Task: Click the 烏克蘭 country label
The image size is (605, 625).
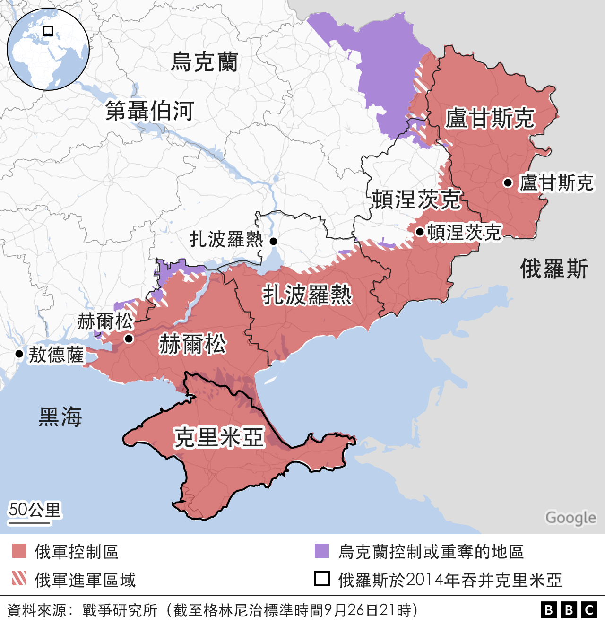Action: point(204,62)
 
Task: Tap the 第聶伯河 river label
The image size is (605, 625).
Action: point(149,112)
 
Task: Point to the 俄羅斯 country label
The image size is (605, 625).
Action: point(554,269)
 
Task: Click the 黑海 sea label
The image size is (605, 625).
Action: point(60,417)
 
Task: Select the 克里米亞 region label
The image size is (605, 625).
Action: point(218,437)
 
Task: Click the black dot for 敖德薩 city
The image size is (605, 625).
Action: point(19,354)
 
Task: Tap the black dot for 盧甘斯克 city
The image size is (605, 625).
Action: point(508,182)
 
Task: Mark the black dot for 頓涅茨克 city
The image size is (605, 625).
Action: point(420,232)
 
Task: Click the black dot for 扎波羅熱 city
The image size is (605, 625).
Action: point(273,241)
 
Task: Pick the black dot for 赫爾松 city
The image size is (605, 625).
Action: point(129,339)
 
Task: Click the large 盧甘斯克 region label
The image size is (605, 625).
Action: point(490,118)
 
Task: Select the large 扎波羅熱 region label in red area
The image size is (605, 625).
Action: point(307,295)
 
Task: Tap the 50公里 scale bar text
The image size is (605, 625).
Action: point(35,510)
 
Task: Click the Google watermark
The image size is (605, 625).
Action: point(570,518)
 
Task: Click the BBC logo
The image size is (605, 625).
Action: point(569,610)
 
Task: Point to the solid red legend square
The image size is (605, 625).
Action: point(19,551)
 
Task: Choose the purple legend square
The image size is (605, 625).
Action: point(322,551)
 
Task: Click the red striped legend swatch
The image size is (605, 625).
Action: point(19,579)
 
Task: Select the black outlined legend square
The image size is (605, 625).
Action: point(322,579)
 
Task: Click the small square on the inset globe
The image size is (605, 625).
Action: point(48,31)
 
